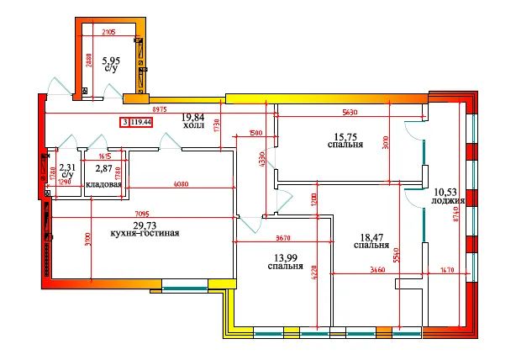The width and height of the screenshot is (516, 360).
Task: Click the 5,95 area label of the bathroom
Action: coord(110,61)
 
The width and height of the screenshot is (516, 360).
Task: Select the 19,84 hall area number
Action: coord(193,118)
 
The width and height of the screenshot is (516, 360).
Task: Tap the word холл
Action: coord(192,128)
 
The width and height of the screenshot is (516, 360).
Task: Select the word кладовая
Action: coord(104,185)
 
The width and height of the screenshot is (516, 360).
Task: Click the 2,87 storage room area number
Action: coord(103,169)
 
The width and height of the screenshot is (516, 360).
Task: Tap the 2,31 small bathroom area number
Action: coord(66,169)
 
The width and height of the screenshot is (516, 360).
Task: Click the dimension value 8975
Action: coord(151,110)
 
